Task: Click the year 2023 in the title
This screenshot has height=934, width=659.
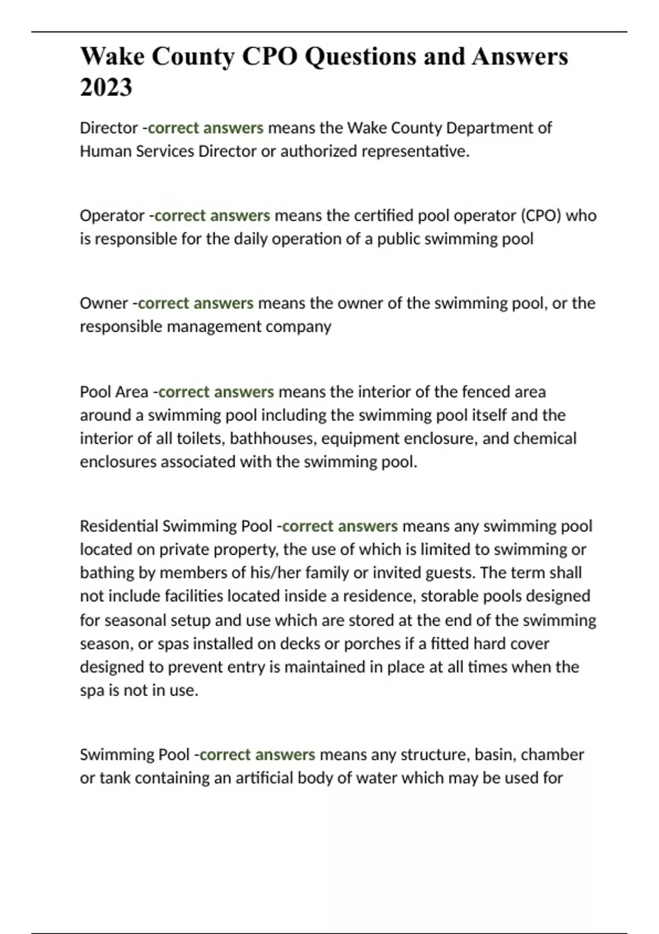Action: tap(106, 87)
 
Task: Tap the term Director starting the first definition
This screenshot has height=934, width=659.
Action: tap(109, 128)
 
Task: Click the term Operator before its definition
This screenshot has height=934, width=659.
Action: tap(112, 215)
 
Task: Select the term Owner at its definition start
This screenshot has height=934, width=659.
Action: tap(104, 303)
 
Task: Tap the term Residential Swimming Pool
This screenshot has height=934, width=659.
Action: tap(176, 526)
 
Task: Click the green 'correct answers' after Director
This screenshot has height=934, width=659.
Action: tap(206, 128)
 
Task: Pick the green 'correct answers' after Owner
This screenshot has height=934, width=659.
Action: tap(196, 303)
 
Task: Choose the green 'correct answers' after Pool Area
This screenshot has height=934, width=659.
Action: tap(216, 392)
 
